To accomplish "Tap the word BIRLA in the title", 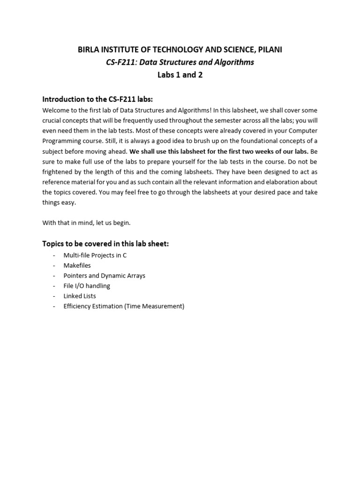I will coord(89,49).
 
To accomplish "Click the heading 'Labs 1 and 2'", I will coord(180,75).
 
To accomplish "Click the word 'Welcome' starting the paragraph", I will coord(56,111).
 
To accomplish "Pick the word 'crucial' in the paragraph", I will coord(53,120).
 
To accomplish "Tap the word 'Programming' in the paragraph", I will coord(63,141).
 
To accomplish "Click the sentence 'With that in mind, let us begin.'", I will coord(86,223).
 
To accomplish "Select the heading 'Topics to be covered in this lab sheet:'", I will coord(105,244).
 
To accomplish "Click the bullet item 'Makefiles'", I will coord(77,265).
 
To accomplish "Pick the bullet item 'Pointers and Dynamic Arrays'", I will coord(105,276).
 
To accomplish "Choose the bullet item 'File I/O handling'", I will coord(87,286).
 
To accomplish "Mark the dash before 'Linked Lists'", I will coord(54,296).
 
